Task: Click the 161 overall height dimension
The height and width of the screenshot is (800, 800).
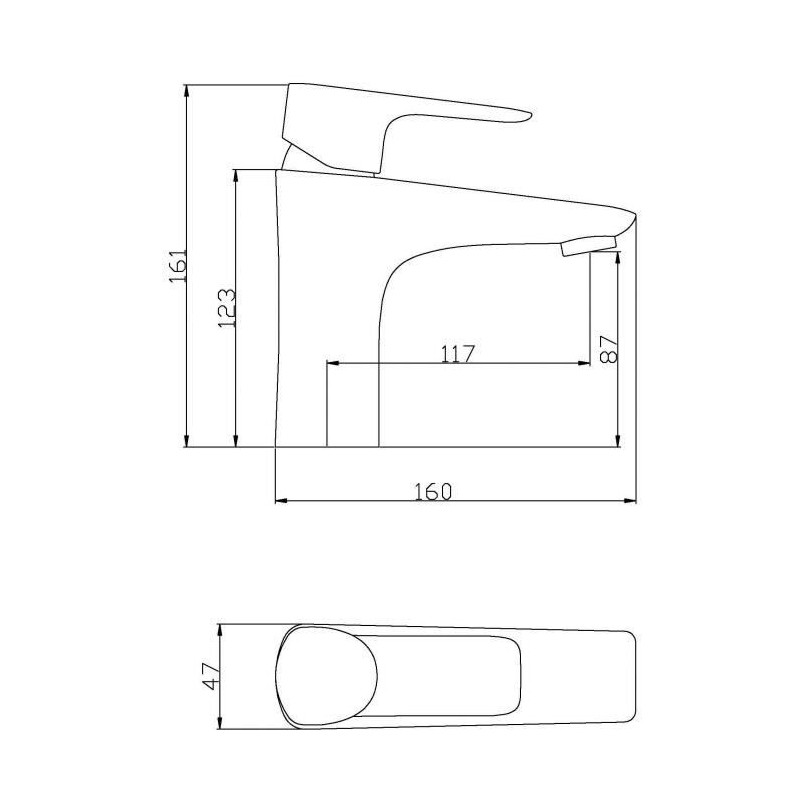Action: (179, 265)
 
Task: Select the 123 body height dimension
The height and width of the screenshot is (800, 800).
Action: (227, 308)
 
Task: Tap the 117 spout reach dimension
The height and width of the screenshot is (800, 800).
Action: (458, 354)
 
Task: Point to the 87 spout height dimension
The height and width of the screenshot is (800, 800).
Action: (608, 349)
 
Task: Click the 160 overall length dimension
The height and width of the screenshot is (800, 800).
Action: (433, 491)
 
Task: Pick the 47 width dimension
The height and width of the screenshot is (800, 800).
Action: (210, 677)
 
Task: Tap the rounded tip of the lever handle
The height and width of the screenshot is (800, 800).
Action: (528, 116)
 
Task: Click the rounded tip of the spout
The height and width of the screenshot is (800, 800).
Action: (633, 218)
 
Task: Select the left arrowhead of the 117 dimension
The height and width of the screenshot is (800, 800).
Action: (333, 363)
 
